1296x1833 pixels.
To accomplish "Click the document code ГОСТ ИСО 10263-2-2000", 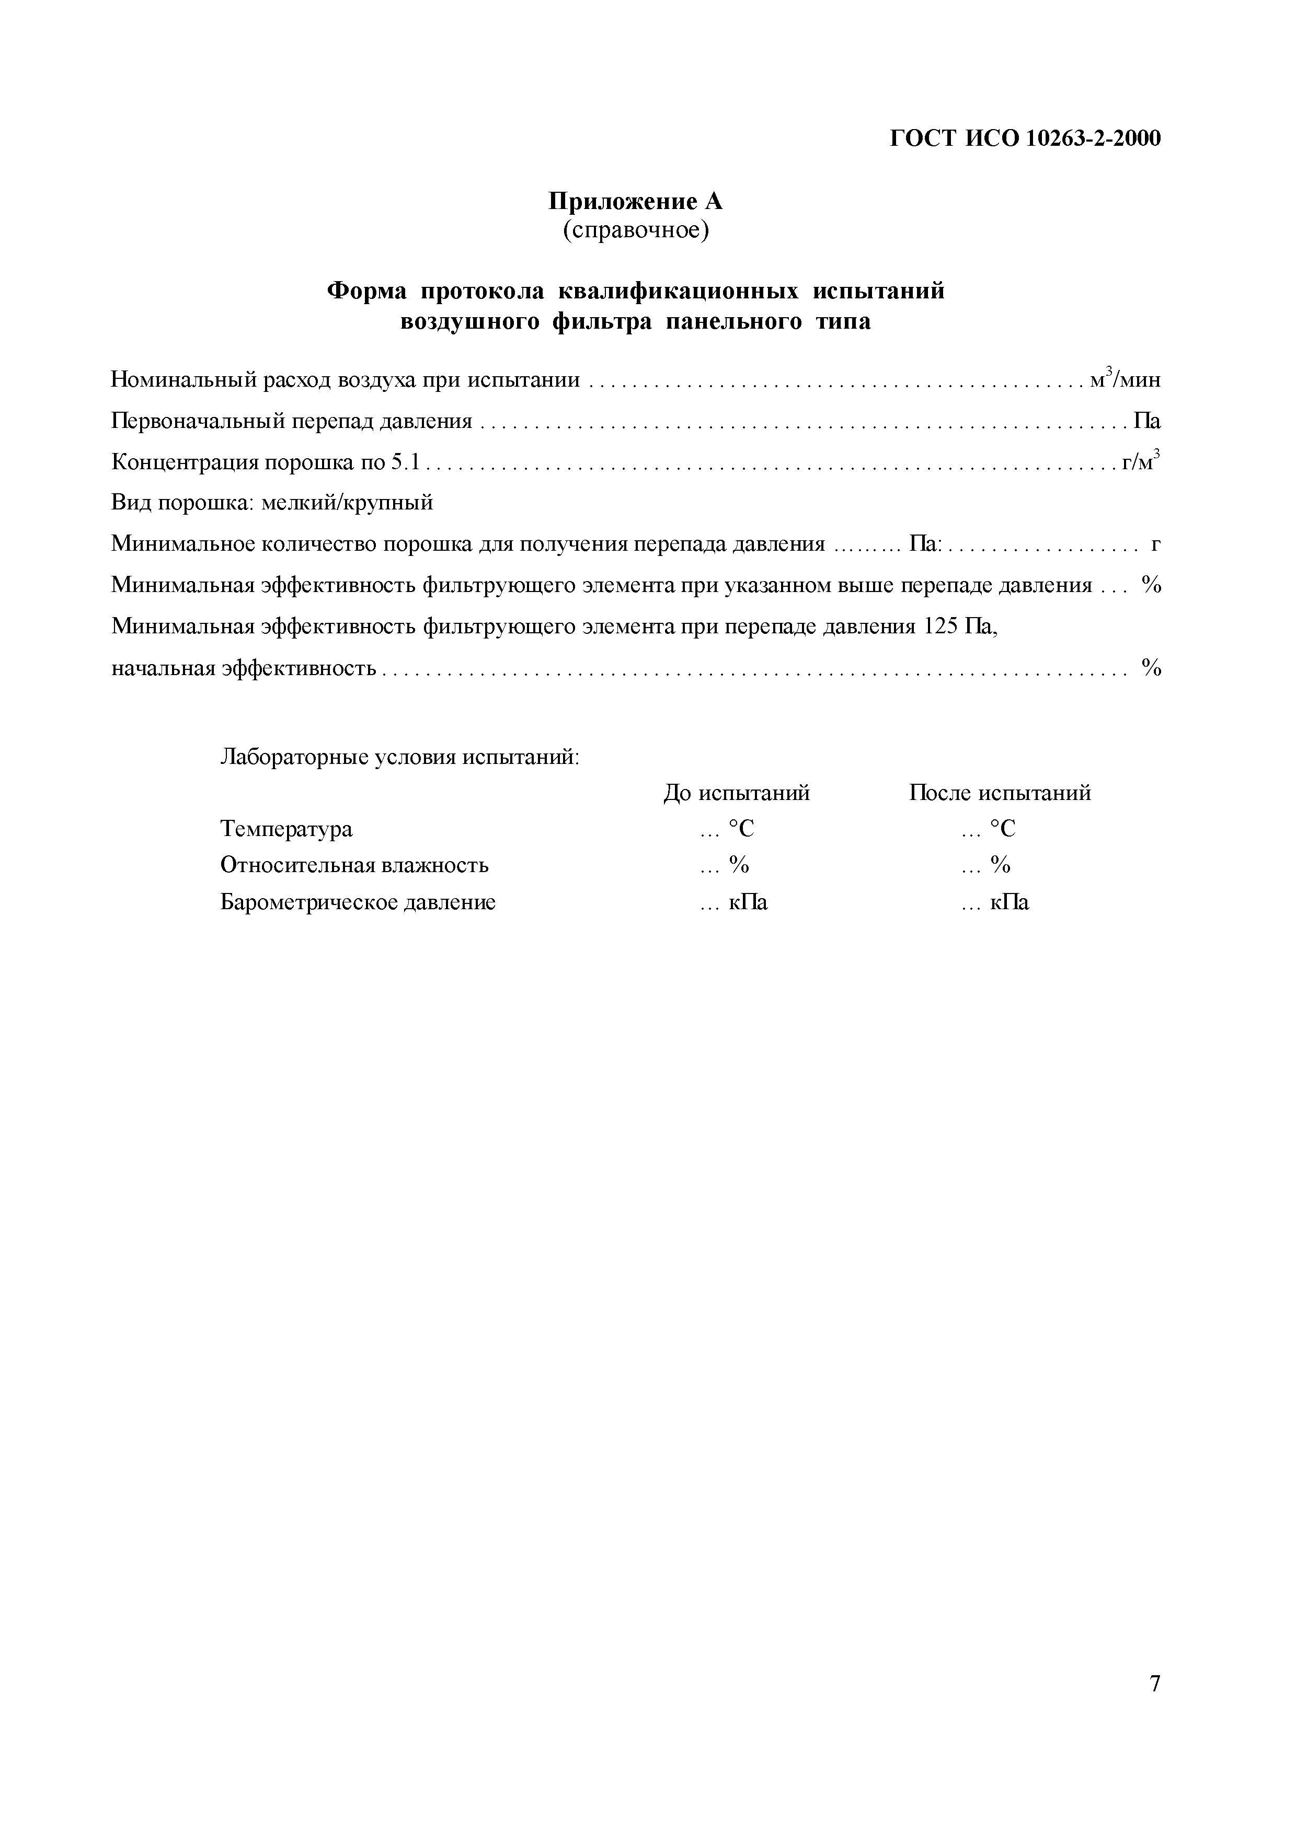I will (x=1025, y=139).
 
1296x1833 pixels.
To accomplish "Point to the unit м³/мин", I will (x=1125, y=379).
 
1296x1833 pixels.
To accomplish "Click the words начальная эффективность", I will (x=244, y=667).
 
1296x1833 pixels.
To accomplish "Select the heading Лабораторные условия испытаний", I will (x=399, y=756).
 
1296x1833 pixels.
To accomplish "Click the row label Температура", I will (x=286, y=829).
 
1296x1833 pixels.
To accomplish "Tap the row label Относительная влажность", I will (x=354, y=865).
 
